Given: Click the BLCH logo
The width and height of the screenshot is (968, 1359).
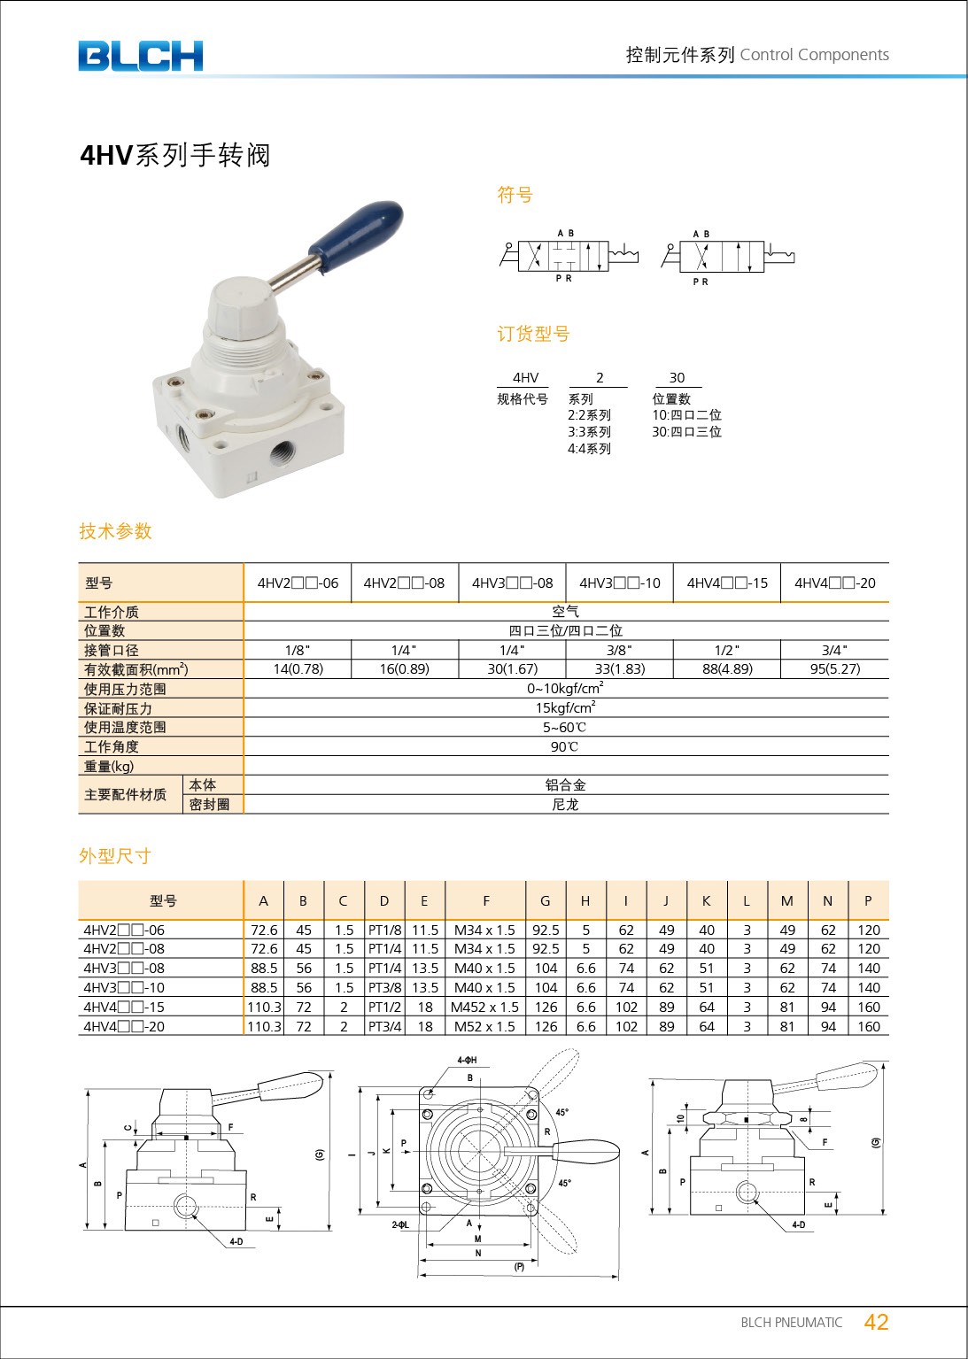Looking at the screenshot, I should point(140,56).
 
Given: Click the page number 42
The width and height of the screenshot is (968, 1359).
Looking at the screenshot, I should point(876,1322).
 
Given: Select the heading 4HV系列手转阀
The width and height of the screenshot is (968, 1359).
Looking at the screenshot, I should point(174,155).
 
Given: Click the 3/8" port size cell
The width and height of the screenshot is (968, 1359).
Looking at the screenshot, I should point(619,650).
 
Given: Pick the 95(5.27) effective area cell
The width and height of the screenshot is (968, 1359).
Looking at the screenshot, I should point(834,669).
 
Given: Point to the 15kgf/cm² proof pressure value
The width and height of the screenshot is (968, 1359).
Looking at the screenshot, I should point(565,707).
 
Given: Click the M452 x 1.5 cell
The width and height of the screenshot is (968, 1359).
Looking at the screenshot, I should point(485,1007).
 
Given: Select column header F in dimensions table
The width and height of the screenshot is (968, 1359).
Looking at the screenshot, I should point(485,900).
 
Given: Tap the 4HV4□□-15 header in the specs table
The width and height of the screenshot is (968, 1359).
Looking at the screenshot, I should point(727,583).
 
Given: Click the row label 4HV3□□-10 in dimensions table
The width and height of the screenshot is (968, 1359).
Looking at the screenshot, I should point(124,987).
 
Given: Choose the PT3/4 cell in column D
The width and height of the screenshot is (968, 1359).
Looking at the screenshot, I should point(384,1026).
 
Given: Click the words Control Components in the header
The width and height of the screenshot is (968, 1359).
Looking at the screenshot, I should point(814,55).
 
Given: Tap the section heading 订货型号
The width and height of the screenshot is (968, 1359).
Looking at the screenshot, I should point(532,334).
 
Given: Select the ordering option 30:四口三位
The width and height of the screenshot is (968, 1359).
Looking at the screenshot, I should point(686,432).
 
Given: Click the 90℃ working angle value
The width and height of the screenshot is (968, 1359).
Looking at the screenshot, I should point(565,746).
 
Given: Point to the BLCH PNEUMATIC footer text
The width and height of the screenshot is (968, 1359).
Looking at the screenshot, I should point(791,1323).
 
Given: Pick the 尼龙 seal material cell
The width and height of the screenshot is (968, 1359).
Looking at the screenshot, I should point(565,804).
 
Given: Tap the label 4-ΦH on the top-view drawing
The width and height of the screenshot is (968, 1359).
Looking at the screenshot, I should point(467,1060).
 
